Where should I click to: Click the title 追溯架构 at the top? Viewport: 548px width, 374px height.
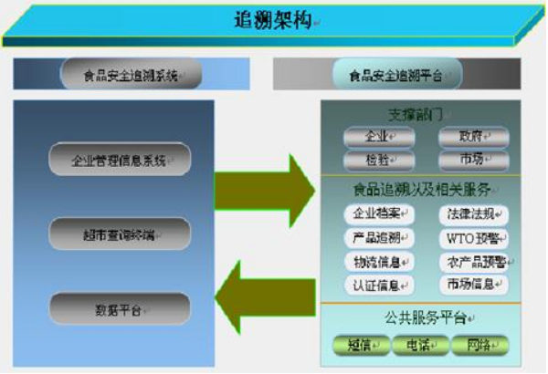click(x=273, y=21)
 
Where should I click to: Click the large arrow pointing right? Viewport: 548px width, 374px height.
click(x=264, y=178)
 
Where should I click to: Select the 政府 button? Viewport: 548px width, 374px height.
click(x=472, y=137)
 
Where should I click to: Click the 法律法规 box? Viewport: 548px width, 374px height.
click(x=472, y=215)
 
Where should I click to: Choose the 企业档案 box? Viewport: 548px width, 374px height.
click(x=377, y=215)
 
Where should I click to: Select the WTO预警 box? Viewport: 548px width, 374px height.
click(x=472, y=238)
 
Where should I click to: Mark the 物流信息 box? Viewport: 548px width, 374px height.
click(x=377, y=262)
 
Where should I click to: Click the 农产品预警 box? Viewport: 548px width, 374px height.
click(x=472, y=262)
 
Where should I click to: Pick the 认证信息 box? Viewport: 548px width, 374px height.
click(x=377, y=285)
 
